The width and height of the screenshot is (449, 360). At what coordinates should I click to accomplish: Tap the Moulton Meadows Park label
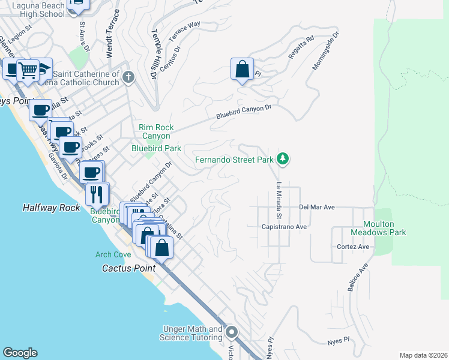pyautogui.click(x=384, y=227)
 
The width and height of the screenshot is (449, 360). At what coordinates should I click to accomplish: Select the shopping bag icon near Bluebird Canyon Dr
pyautogui.click(x=242, y=69)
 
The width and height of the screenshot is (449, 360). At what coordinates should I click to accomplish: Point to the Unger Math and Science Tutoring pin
pyautogui.click(x=232, y=332)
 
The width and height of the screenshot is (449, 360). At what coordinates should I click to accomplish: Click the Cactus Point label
pyautogui.click(x=129, y=268)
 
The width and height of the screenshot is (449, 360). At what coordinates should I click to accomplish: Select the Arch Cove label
pyautogui.click(x=112, y=254)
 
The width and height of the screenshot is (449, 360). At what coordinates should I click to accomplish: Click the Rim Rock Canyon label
pyautogui.click(x=156, y=132)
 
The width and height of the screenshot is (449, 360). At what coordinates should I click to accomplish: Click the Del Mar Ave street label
pyautogui.click(x=316, y=207)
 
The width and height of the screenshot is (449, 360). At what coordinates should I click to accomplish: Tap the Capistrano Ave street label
pyautogui.click(x=284, y=227)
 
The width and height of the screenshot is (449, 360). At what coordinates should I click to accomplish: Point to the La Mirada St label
pyautogui.click(x=279, y=200)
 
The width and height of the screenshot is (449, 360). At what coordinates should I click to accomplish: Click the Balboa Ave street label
pyautogui.click(x=357, y=277)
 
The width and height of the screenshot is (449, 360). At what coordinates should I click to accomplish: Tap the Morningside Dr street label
pyautogui.click(x=326, y=51)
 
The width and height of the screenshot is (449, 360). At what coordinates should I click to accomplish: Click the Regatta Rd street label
pyautogui.click(x=301, y=48)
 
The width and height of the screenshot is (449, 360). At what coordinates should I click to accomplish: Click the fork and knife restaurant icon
pyautogui.click(x=97, y=193)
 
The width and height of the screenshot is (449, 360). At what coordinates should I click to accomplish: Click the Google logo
pyautogui.click(x=20, y=353)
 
